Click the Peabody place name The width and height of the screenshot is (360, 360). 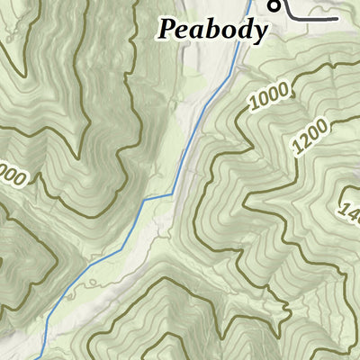click(213, 29)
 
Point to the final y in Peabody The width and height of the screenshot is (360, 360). click(260, 33)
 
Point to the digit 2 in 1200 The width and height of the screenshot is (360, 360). click(307, 139)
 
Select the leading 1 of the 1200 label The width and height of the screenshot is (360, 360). click(298, 148)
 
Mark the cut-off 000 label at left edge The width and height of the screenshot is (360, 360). click(11, 172)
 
